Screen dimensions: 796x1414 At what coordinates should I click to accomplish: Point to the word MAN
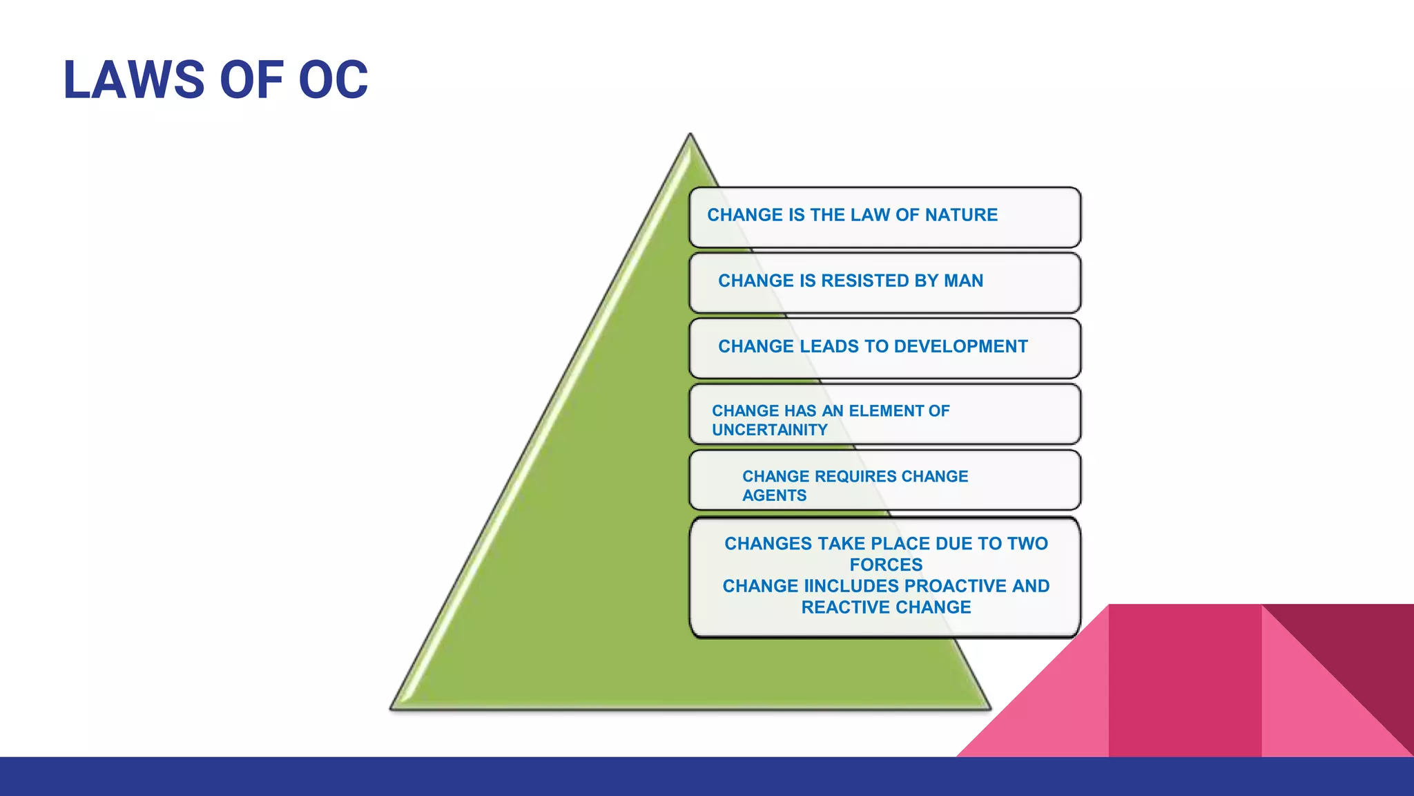click(963, 281)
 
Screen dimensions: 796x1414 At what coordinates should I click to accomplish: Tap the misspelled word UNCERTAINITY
click(769, 430)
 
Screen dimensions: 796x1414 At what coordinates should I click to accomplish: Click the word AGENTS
click(774, 495)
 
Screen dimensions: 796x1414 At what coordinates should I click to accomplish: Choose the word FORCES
click(886, 565)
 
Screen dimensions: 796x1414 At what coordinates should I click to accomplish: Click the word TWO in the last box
click(1027, 544)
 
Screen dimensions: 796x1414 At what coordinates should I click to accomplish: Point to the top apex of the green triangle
click(690, 135)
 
